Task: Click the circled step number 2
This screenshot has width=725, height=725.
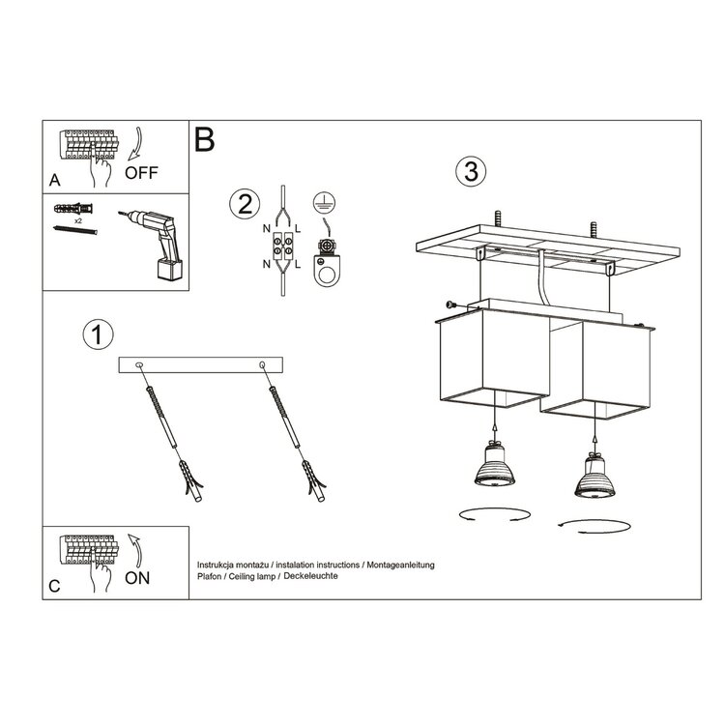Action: coord(244,204)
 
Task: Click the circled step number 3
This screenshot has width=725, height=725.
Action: coord(470,171)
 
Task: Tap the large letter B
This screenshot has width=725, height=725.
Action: coord(204,139)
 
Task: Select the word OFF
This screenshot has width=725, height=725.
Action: coord(142,174)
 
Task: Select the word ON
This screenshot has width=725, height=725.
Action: coord(137,578)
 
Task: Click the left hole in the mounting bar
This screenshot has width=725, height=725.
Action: coord(141,364)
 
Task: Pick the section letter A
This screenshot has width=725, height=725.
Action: coord(54,181)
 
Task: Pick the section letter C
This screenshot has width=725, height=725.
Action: coord(54,586)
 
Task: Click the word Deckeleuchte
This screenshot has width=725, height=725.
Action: coord(310,575)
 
